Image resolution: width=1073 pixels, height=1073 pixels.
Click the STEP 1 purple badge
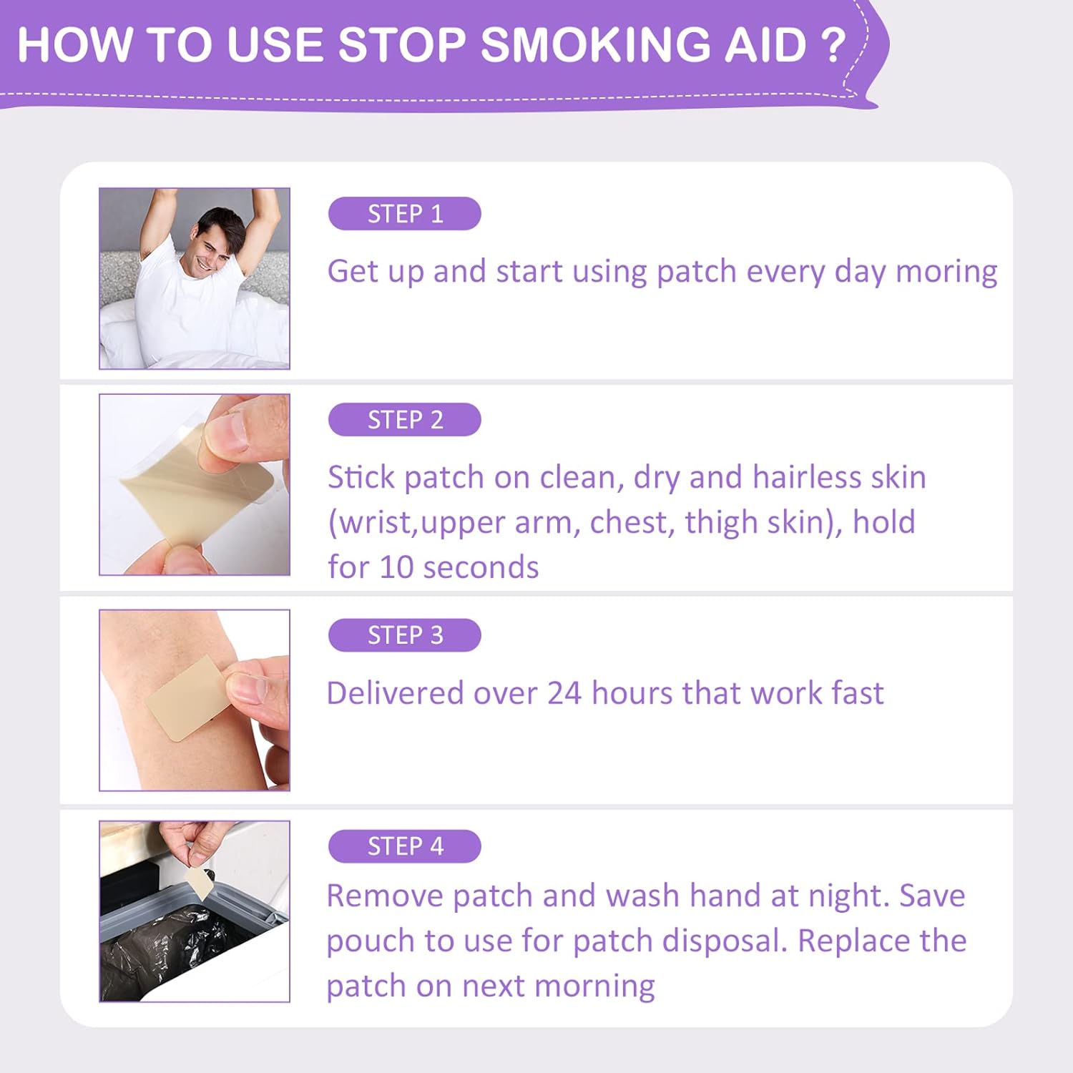click(x=404, y=213)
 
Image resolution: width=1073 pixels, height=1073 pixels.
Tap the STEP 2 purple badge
click(x=404, y=419)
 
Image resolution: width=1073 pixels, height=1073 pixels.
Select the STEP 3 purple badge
click(x=404, y=635)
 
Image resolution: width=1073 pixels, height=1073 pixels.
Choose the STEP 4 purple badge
click(x=404, y=846)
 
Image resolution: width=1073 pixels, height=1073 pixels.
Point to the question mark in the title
click(x=833, y=45)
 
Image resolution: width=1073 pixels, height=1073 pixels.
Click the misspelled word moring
click(x=946, y=273)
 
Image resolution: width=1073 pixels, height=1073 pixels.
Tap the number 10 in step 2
click(x=396, y=567)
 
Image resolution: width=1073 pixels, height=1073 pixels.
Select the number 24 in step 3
click(x=564, y=693)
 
